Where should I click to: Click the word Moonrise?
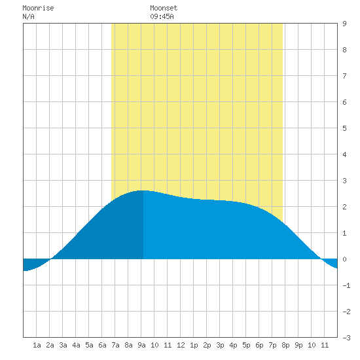(38, 9)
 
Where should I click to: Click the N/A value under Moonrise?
(28, 17)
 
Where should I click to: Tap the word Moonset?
(164, 9)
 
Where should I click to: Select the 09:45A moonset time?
(162, 17)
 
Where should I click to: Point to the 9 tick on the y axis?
(344, 24)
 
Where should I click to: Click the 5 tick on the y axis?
(344, 128)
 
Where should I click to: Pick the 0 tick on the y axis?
(344, 259)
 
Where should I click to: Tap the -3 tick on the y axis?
(346, 338)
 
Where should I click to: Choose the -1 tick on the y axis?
(346, 285)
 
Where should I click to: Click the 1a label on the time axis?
(37, 345)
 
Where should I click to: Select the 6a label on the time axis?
(102, 345)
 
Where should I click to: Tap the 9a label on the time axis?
(141, 345)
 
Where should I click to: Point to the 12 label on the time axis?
(181, 345)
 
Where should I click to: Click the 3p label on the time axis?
(220, 345)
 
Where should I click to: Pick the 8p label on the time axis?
(285, 345)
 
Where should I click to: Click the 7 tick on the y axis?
(344, 76)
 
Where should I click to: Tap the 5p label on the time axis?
(246, 345)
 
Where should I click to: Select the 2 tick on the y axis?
(344, 207)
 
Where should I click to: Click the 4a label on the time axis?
(76, 345)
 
